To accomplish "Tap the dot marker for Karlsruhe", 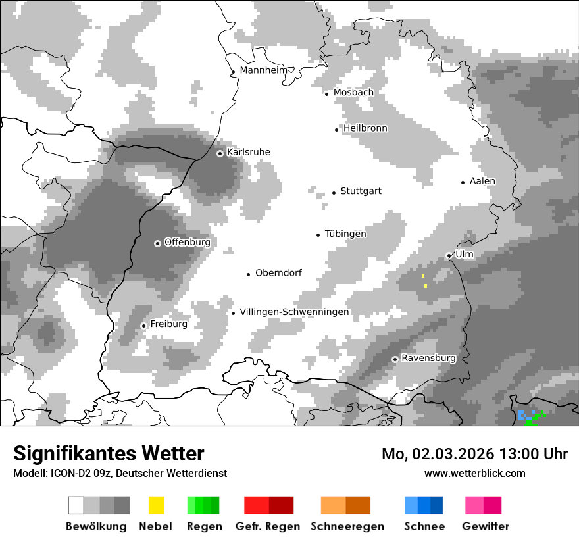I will point(220,153).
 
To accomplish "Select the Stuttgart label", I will point(361,191).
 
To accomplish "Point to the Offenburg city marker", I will point(157,243).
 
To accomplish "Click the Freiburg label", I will point(168,324).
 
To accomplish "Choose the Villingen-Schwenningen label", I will point(294,312).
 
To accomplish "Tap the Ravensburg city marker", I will point(395,359).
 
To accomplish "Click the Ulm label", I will point(465,254).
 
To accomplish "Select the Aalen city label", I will point(482,181).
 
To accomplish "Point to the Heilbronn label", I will point(365,128).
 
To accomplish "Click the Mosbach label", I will point(353,93).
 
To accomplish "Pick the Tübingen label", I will point(345,234).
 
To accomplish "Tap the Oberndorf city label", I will point(278,273).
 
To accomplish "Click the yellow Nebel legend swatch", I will point(156,505).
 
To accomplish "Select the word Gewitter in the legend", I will point(485,526).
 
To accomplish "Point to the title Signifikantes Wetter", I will point(109,454).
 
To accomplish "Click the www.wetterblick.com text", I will point(474,473).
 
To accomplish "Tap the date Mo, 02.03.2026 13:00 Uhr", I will point(474,454).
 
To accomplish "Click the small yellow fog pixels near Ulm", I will point(426,285).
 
